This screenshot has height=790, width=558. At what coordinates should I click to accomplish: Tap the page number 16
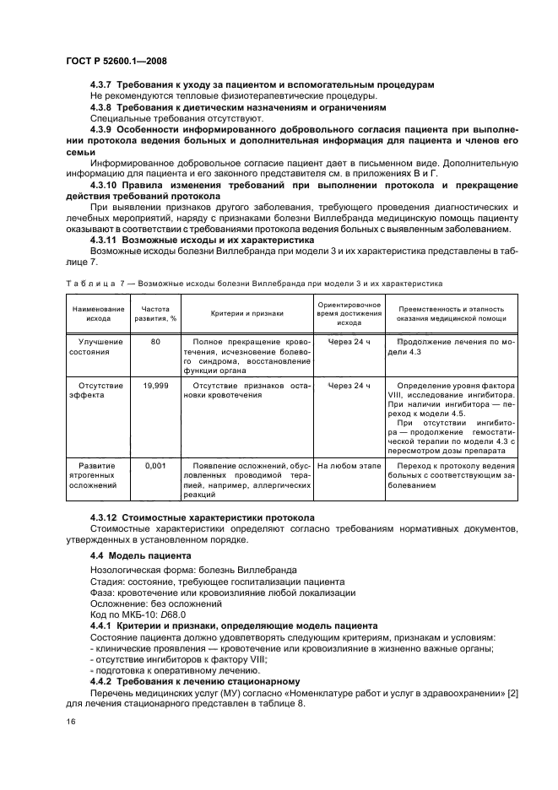(70, 721)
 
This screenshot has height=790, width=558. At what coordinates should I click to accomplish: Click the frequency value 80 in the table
(154, 342)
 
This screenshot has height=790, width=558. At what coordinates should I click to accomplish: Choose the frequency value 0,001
(154, 464)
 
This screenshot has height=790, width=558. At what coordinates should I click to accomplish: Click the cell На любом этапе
(349, 464)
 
